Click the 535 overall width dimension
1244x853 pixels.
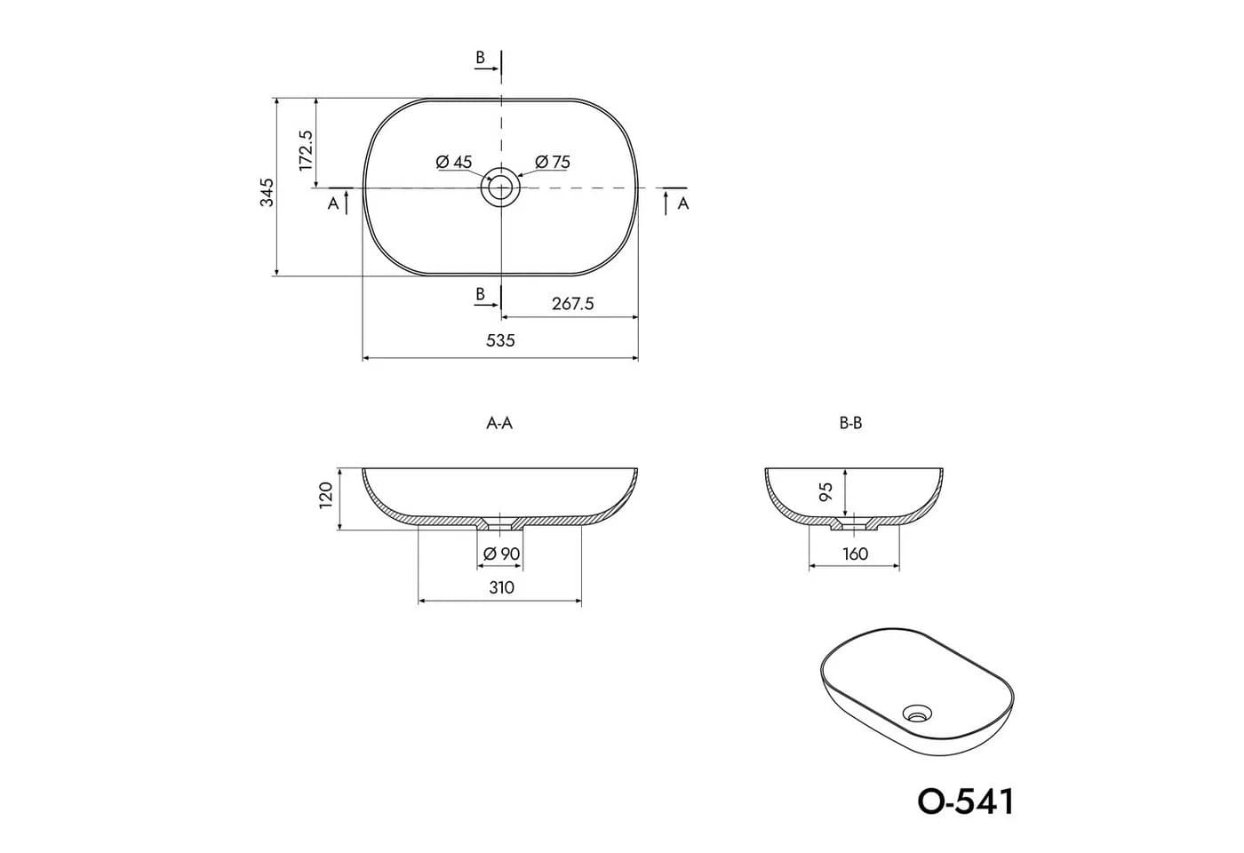point(500,340)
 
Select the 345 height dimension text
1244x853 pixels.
point(267,192)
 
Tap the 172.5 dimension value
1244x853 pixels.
point(306,150)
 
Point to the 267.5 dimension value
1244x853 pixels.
point(572,304)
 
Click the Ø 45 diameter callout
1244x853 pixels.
point(454,162)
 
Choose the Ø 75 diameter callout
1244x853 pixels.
point(553,162)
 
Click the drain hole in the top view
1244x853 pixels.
point(500,187)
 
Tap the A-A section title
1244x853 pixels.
point(499,424)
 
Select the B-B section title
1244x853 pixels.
point(850,424)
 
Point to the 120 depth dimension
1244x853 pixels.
point(326,495)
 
